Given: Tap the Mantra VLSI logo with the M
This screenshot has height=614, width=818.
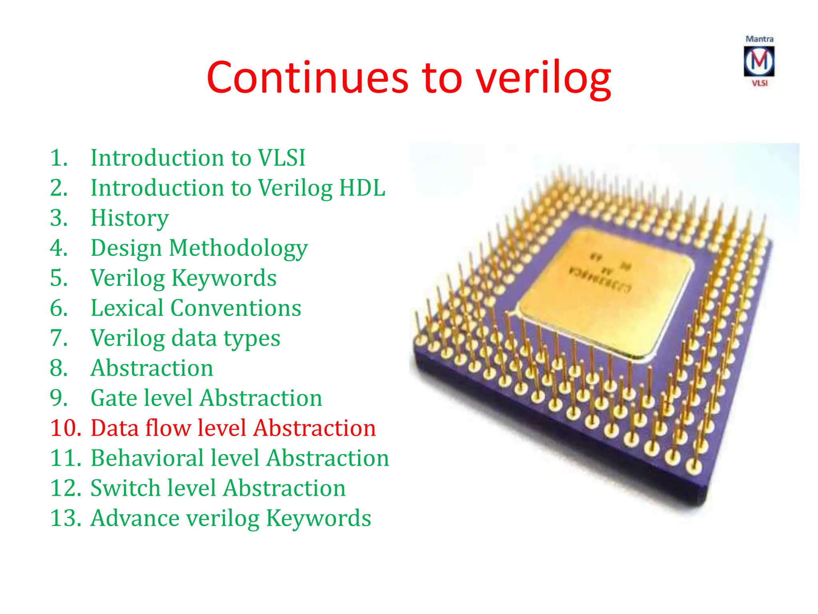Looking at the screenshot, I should (x=759, y=61).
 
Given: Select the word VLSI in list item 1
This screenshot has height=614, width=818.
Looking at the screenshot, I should (x=282, y=157).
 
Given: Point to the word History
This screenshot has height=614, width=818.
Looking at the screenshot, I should (x=130, y=218).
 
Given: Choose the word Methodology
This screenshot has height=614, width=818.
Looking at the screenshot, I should (x=238, y=248).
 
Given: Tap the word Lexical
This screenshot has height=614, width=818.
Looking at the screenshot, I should (x=127, y=308).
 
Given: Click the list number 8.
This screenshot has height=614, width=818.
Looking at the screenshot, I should (x=59, y=368).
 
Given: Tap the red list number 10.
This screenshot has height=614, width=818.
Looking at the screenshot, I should (x=66, y=428).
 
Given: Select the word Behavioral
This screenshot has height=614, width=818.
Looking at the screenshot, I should (x=147, y=458).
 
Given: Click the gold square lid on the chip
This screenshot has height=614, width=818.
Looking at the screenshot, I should (x=603, y=292).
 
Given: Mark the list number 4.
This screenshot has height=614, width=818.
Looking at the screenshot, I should (x=59, y=248).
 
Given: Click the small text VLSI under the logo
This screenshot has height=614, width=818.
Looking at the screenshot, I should (x=760, y=83).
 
